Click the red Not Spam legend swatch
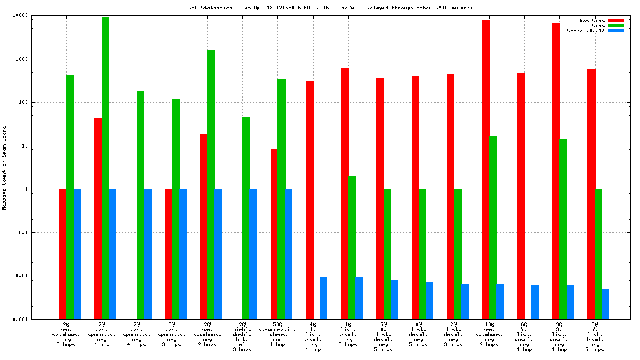pyautogui.click(x=616, y=21)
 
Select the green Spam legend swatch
pyautogui.click(x=616, y=26)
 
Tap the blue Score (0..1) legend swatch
pyautogui.click(x=616, y=31)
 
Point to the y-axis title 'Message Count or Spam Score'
pyautogui.click(x=4, y=167)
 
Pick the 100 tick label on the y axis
pyautogui.click(x=31, y=102)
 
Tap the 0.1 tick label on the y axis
pyautogui.click(x=32, y=232)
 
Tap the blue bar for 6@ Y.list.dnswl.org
pyautogui.click(x=535, y=302)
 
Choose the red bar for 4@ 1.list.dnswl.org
pyautogui.click(x=309, y=200)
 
